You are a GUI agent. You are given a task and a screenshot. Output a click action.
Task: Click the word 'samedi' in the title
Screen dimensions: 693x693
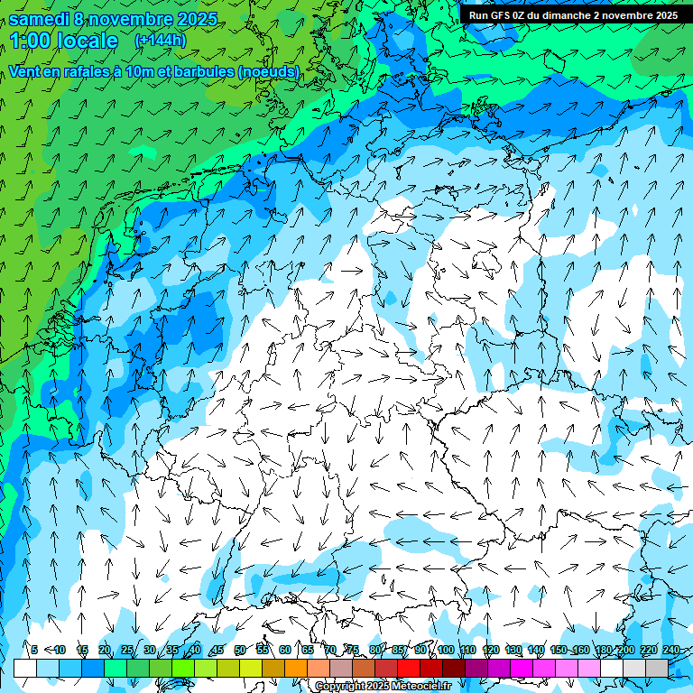tap(40, 19)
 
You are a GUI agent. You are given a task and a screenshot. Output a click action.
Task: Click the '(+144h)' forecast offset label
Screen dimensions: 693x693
tap(162, 41)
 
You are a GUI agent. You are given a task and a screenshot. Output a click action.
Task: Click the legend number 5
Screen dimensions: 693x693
tap(34, 650)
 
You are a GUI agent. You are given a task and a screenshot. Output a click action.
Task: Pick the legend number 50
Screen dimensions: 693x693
tap(240, 650)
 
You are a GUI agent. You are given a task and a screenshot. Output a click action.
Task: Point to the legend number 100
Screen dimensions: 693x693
tap(446, 650)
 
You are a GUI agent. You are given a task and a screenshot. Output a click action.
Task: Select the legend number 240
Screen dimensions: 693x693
tap(671, 650)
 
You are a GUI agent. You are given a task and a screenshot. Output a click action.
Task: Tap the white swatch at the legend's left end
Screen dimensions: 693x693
tap(24, 668)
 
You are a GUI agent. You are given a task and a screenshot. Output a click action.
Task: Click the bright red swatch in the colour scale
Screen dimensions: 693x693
tap(408, 668)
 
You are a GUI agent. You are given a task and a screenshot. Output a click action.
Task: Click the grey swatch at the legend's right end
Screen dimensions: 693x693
tap(656, 668)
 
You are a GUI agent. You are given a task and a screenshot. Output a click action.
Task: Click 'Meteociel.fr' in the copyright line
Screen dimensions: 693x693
tap(420, 687)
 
